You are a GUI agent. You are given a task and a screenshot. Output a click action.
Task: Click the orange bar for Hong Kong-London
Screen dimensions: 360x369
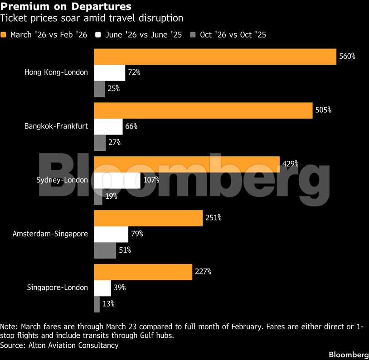click(x=215, y=57)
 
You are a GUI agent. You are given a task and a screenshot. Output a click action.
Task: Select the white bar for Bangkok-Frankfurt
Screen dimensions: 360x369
click(x=108, y=126)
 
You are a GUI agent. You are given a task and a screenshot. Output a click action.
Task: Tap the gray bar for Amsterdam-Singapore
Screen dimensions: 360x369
click(x=105, y=250)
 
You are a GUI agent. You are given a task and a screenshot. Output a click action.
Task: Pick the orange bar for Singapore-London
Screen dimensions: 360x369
click(x=143, y=272)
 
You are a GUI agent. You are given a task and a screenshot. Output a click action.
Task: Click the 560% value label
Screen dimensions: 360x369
click(x=347, y=57)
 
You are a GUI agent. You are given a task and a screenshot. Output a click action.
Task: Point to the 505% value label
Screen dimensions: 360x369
click(x=323, y=110)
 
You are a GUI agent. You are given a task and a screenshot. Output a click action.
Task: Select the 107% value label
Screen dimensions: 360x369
click(x=151, y=180)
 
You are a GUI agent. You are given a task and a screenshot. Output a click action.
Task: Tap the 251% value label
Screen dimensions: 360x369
click(x=213, y=218)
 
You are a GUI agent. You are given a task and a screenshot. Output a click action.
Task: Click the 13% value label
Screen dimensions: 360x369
click(x=108, y=304)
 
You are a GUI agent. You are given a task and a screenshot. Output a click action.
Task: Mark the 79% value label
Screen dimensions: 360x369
click(x=137, y=234)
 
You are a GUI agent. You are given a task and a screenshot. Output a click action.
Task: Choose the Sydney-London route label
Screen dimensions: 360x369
click(x=62, y=180)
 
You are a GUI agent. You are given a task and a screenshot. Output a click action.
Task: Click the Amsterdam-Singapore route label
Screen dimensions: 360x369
click(x=50, y=234)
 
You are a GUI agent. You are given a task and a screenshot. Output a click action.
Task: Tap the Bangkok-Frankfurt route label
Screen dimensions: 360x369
click(x=56, y=126)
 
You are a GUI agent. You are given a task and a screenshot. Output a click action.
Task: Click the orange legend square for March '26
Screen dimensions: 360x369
click(x=4, y=35)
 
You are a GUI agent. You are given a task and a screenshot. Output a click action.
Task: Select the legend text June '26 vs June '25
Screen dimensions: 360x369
click(x=143, y=35)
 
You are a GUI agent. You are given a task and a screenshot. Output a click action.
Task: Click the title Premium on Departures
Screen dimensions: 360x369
click(x=66, y=7)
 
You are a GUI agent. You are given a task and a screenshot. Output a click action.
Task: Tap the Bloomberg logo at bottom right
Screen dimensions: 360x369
click(x=348, y=354)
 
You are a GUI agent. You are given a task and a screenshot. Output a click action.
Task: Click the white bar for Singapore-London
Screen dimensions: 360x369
click(x=102, y=288)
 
